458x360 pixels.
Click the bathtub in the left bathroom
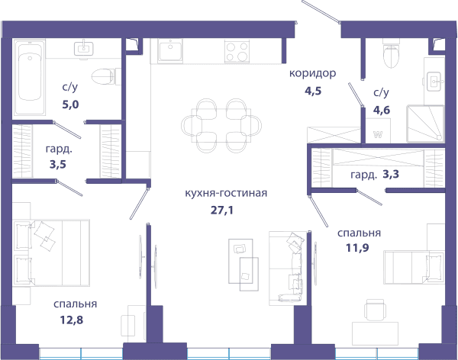(29, 77)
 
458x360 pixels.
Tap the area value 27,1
(222, 210)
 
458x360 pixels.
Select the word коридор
(312, 73)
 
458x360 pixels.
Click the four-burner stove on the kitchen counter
(237, 52)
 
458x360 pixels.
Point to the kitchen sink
(170, 51)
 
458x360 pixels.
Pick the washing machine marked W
(378, 130)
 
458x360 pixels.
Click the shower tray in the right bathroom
(425, 124)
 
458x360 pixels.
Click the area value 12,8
(72, 320)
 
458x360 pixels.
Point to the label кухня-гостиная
(226, 193)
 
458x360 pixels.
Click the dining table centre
(221, 126)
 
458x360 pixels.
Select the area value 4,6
(382, 110)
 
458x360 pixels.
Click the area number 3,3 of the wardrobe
(391, 175)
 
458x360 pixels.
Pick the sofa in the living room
(288, 268)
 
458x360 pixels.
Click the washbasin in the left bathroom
(84, 49)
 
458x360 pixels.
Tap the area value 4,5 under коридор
(313, 91)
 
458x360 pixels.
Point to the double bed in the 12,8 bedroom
(51, 253)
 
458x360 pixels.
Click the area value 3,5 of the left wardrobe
(58, 165)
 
